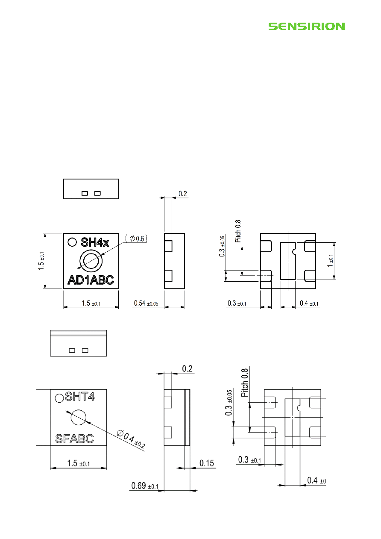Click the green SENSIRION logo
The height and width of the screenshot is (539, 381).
click(307, 26)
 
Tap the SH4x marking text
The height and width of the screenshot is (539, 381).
click(95, 242)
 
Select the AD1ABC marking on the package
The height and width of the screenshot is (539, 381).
click(91, 280)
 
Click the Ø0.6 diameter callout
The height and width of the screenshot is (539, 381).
click(136, 239)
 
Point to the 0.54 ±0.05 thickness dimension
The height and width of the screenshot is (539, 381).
click(146, 303)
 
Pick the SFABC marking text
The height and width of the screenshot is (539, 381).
click(74, 439)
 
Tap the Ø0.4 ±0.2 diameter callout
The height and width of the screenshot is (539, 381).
click(131, 439)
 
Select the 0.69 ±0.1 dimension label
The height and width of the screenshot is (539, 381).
click(145, 486)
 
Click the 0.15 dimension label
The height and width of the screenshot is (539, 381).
click(206, 463)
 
